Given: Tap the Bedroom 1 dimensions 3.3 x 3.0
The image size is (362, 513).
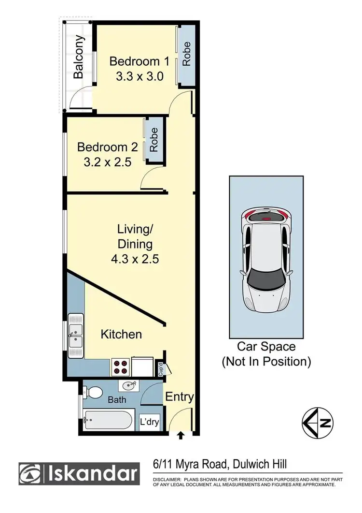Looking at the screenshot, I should pyautogui.click(x=139, y=76).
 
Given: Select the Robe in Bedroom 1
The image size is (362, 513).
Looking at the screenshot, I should pyautogui.click(x=186, y=54).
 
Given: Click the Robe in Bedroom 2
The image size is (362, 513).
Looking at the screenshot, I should pyautogui.click(x=153, y=140).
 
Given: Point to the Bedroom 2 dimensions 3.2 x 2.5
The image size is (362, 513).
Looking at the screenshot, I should pyautogui.click(x=107, y=162).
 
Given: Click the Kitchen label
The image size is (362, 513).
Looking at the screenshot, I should pyautogui.click(x=121, y=334).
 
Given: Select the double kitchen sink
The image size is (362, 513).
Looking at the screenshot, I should pyautogui.click(x=76, y=331).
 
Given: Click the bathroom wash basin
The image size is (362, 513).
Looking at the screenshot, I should pyautogui.click(x=129, y=386).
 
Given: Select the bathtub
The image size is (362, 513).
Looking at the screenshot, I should pyautogui.click(x=108, y=420).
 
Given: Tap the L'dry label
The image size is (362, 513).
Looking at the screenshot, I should pyautogui.click(x=149, y=422).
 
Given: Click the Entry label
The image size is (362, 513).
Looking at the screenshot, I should pyautogui.click(x=180, y=397).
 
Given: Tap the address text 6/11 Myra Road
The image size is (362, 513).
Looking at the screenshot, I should pyautogui.click(x=187, y=465).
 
